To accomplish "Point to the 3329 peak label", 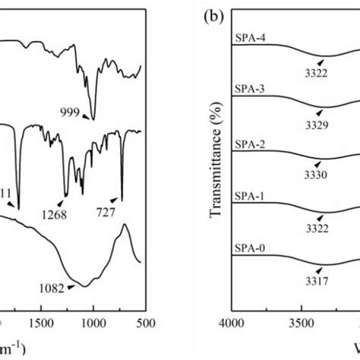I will pos(317,122).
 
